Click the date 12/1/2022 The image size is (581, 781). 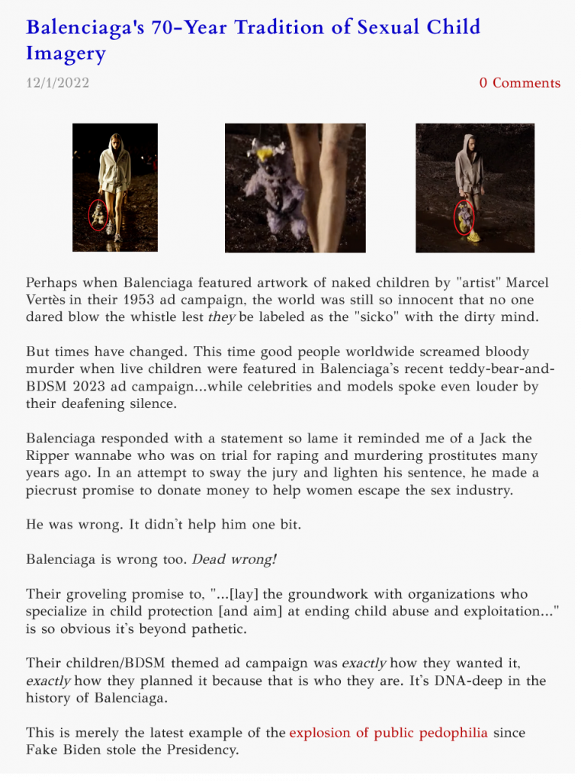pyautogui.click(x=57, y=82)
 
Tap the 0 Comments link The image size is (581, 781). pyautogui.click(x=519, y=82)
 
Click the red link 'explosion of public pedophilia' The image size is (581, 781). pyautogui.click(x=388, y=733)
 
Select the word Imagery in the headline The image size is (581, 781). pyautogui.click(x=66, y=53)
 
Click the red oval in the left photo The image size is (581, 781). pyautogui.click(x=98, y=215)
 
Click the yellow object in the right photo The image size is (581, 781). pyautogui.click(x=473, y=236)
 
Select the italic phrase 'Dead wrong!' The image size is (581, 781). pyautogui.click(x=234, y=559)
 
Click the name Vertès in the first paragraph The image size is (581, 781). pyautogui.click(x=47, y=300)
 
